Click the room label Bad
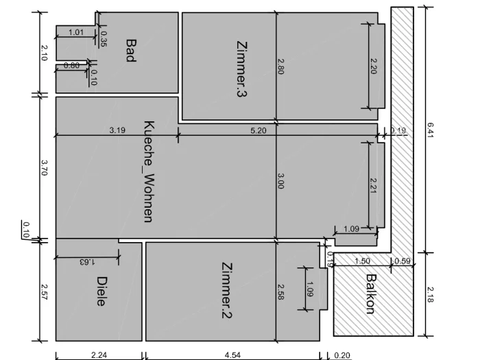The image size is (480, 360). point(131,51)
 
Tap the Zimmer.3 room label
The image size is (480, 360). point(242,69)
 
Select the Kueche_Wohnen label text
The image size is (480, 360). point(149,171)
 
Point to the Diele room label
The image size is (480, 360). point(101,291)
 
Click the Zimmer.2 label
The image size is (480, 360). point(227,290)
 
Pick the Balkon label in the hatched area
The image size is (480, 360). point(371,294)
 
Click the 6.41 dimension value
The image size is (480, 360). point(430,130)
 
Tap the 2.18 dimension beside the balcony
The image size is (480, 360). point(430,294)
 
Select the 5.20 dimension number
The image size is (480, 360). point(259,130)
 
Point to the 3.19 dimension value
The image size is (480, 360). point(117,130)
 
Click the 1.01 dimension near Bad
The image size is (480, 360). point(76,32)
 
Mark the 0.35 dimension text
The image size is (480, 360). point(104,39)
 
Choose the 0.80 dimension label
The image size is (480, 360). point(71,65)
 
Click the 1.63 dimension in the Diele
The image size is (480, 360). point(87,262)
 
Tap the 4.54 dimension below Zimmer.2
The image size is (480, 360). point(232,355)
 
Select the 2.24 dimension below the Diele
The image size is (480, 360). point(99,355)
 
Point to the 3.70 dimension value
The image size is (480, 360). point(44,168)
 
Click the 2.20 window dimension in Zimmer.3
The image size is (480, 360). point(374,66)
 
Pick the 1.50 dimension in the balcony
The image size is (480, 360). point(362,261)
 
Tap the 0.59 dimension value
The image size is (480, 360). point(403,261)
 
